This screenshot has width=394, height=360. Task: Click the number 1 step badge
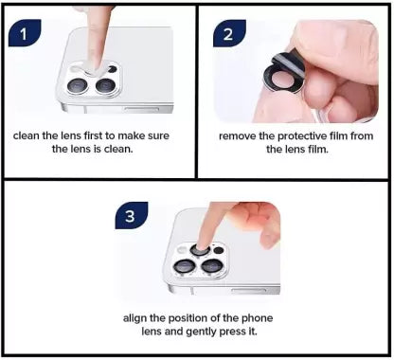(24, 35)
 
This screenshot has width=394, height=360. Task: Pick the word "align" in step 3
(137, 317)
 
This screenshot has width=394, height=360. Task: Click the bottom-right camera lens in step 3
(214, 268)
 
